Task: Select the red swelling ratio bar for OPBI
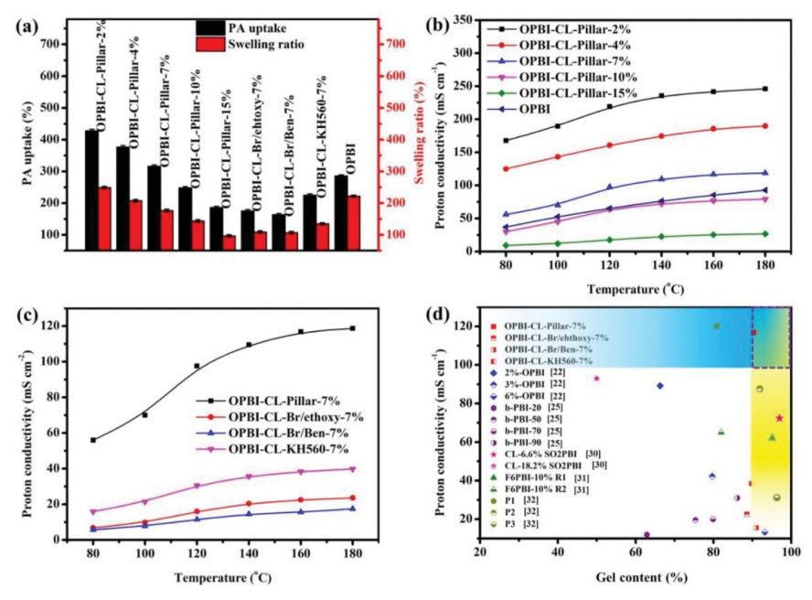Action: pyautogui.click(x=354, y=221)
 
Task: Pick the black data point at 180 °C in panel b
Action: pyautogui.click(x=764, y=89)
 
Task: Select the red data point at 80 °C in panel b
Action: pyautogui.click(x=506, y=168)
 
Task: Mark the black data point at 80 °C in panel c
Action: pyautogui.click(x=93, y=440)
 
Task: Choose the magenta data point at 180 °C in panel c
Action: pyautogui.click(x=352, y=468)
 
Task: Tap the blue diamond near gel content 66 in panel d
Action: pyautogui.click(x=660, y=386)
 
